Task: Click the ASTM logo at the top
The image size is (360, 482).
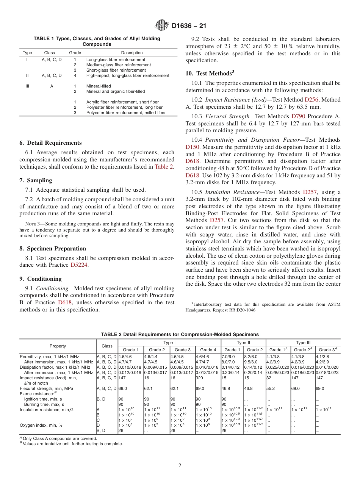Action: coord(162,26)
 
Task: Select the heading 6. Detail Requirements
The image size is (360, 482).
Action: coord(50,143)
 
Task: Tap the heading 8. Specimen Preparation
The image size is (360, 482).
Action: coord(53,249)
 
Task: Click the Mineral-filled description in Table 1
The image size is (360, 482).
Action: coord(99,86)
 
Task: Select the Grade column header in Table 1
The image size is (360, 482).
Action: coord(75,53)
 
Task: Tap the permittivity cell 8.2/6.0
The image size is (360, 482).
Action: coord(251,357)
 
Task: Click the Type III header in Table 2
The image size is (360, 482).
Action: coord(303,343)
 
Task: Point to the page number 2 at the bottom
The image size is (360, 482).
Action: coord(180,466)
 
